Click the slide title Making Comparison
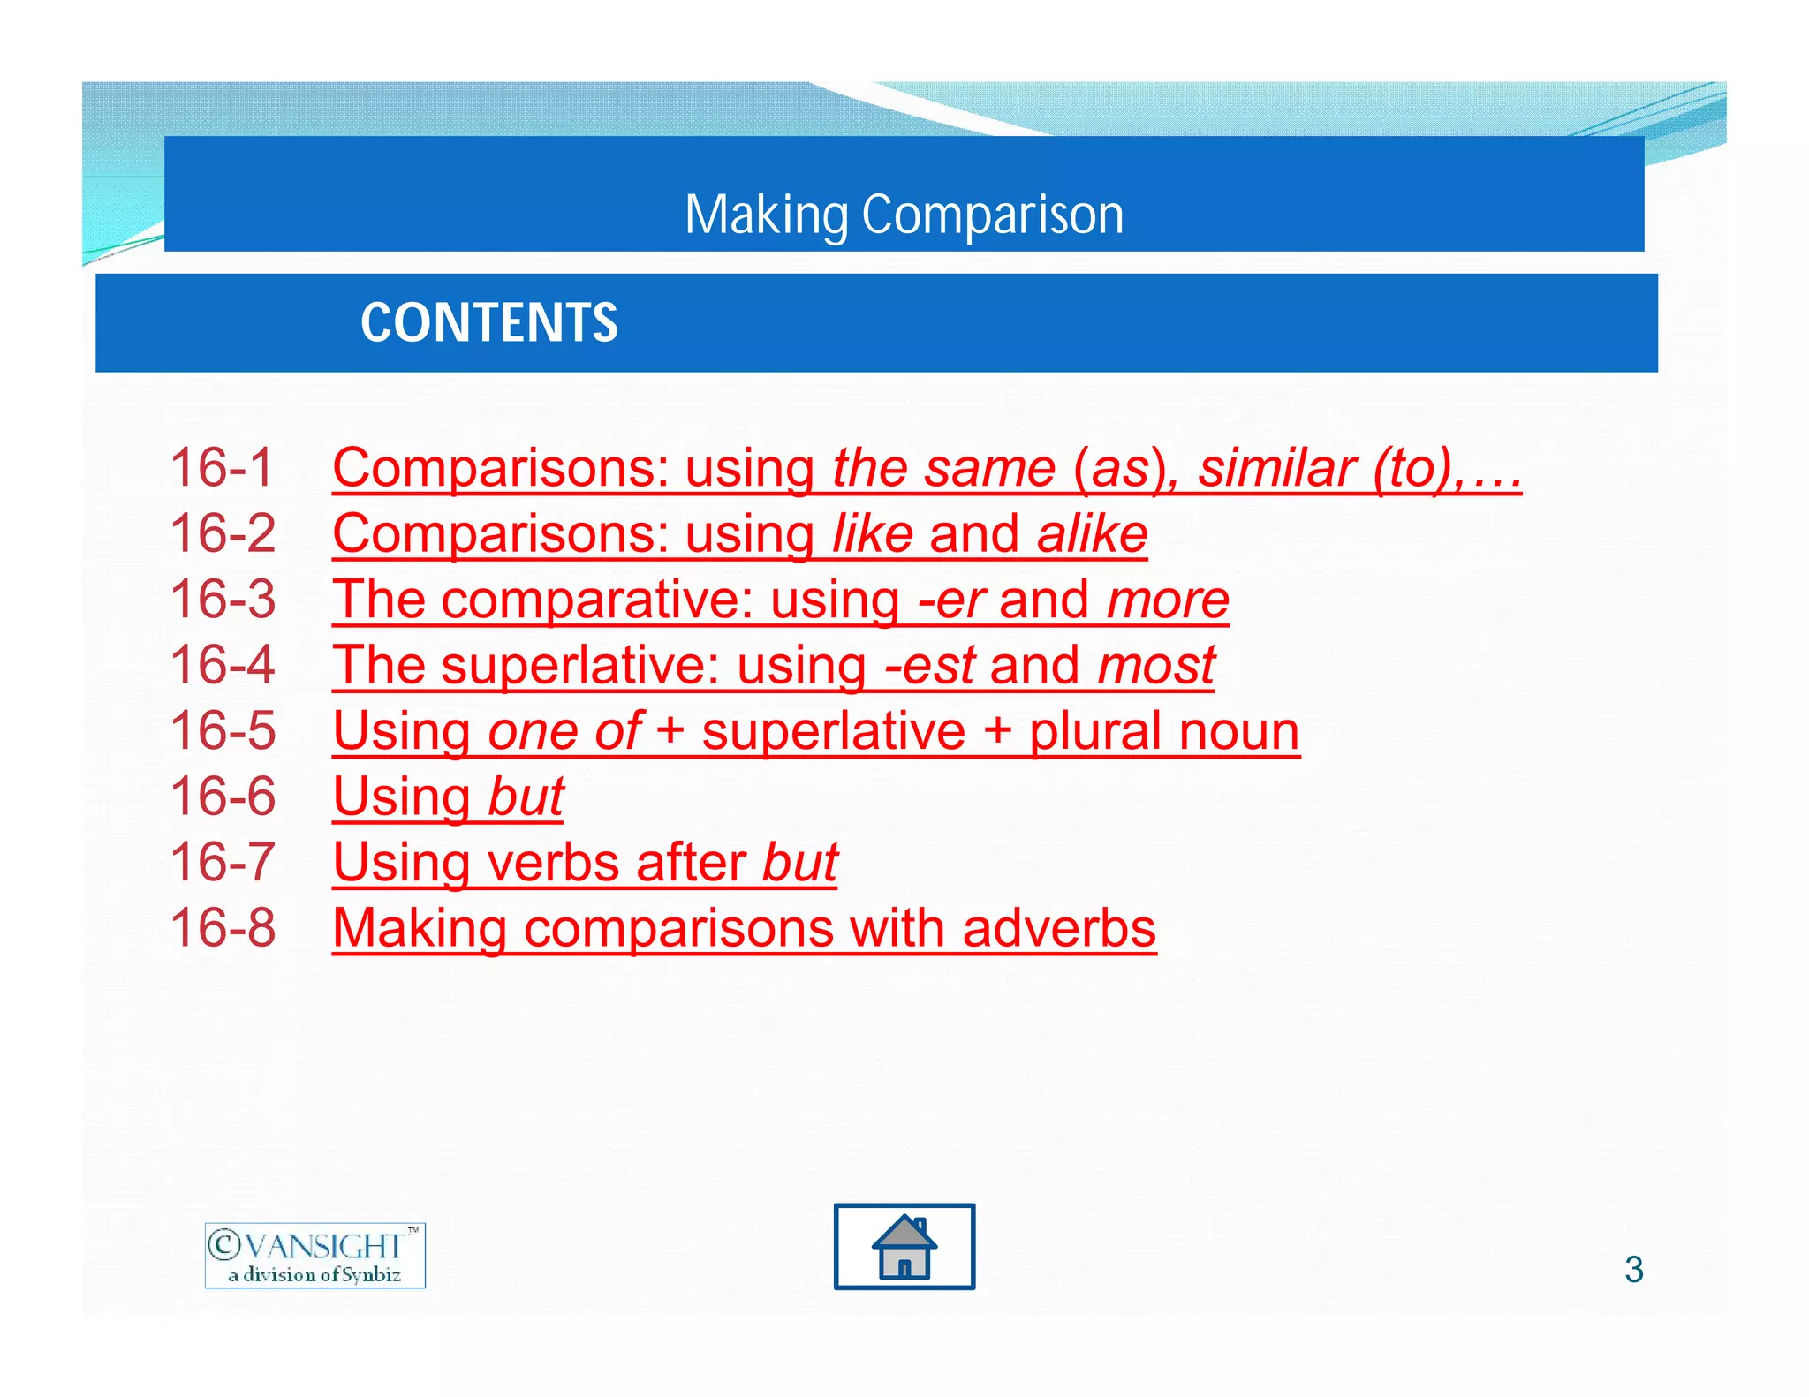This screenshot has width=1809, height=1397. pyautogui.click(x=904, y=215)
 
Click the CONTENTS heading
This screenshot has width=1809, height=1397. pyautogui.click(x=488, y=322)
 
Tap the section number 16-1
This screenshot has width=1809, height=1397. pyautogui.click(x=222, y=467)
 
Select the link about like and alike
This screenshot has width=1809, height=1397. pyautogui.click(x=739, y=534)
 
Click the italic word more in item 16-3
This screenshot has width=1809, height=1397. pyautogui.click(x=1168, y=600)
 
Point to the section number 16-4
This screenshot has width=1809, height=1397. pyautogui.click(x=223, y=665)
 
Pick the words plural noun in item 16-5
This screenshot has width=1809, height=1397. pyautogui.click(x=1163, y=732)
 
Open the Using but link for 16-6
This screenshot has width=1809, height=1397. pyautogui.click(x=448, y=797)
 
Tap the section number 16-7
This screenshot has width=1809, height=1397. pyautogui.click(x=223, y=863)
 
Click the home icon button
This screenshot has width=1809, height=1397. pyautogui.click(x=904, y=1246)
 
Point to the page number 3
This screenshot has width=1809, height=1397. pyautogui.click(x=1633, y=1270)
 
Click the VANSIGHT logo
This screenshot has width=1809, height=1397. pyautogui.click(x=314, y=1255)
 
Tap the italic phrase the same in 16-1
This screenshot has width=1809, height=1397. pyautogui.click(x=943, y=468)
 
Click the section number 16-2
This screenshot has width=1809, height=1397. pyautogui.click(x=223, y=534)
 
